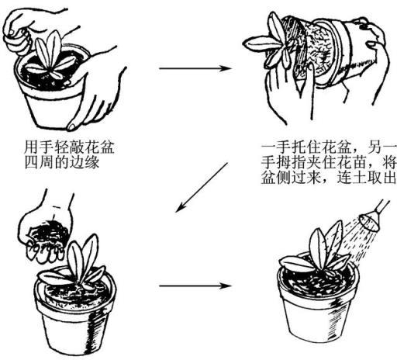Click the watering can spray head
[369, 220]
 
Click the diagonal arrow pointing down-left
[202, 188]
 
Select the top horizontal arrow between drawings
[195, 68]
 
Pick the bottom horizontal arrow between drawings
[195, 286]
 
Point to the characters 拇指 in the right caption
[292, 163]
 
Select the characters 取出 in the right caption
[381, 178]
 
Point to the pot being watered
[318, 297]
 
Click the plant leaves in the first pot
[50, 56]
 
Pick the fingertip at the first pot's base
[71, 126]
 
